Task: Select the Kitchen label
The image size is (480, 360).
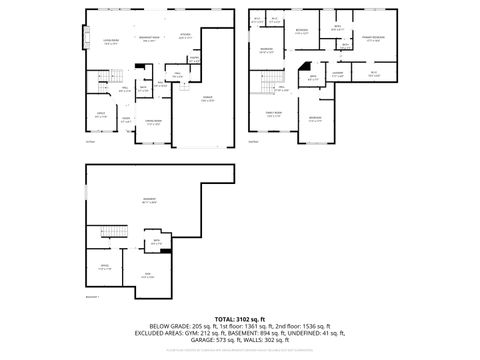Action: click(185, 36)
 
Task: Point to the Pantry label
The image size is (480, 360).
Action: click(194, 59)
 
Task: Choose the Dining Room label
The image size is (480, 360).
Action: click(153, 122)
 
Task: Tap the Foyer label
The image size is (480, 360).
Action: click(127, 120)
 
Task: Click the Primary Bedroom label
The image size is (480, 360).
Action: click(374, 39)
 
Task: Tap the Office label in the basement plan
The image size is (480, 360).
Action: click(103, 265)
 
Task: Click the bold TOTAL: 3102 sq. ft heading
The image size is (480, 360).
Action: click(239, 317)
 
